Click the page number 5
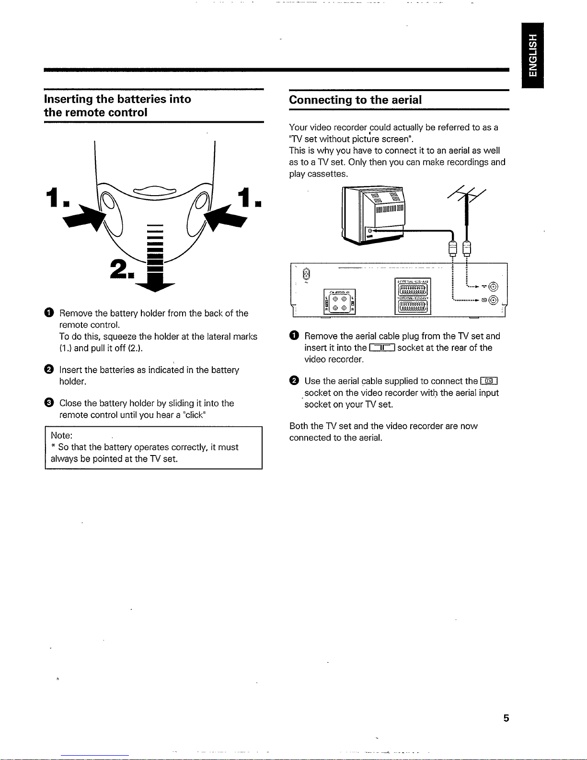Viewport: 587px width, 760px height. click(x=506, y=718)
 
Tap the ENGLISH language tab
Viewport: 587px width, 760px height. click(x=533, y=55)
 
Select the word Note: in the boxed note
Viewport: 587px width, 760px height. click(x=62, y=435)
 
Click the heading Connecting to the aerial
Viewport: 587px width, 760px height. click(x=355, y=100)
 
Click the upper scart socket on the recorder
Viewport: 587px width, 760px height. click(x=413, y=288)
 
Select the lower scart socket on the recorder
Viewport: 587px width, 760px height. click(x=413, y=305)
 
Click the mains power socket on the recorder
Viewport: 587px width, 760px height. click(x=307, y=275)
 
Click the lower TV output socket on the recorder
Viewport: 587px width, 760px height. click(x=494, y=301)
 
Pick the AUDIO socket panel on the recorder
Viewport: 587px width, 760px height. click(x=339, y=302)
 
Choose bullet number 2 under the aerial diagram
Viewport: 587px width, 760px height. click(x=294, y=381)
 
